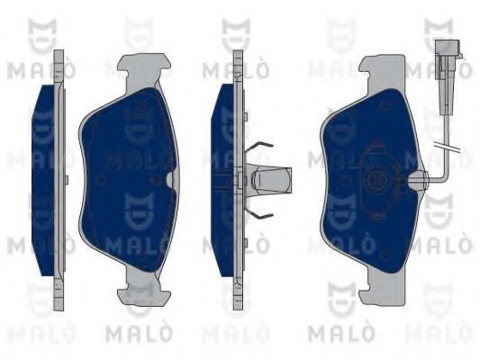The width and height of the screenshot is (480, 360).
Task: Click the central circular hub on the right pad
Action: (376, 180)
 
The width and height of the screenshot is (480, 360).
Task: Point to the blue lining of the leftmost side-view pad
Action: (45, 180)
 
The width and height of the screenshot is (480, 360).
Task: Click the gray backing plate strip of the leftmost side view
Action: (60, 180)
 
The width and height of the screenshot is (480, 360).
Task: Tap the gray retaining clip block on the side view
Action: (270, 180)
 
